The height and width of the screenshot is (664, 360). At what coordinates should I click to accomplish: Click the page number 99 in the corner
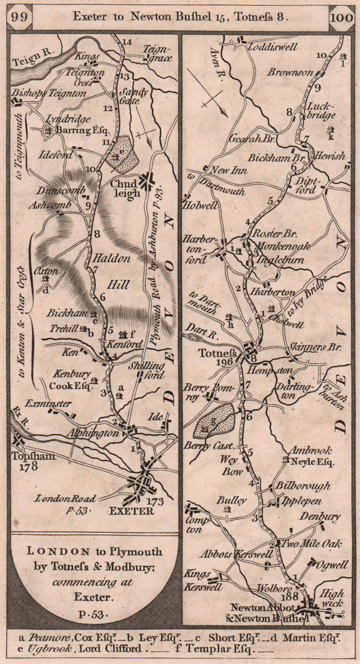[x=20, y=16]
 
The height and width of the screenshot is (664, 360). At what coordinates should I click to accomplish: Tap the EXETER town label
[x=131, y=511]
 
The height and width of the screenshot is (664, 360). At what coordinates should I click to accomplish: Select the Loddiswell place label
[x=272, y=47]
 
